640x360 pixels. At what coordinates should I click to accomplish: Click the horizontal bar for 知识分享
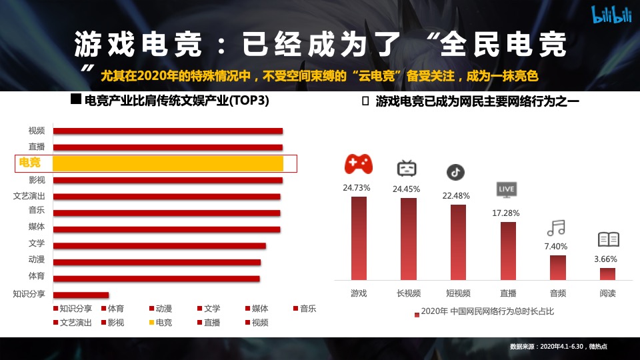click(81, 295)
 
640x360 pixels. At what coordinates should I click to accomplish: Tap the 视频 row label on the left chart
click(37, 131)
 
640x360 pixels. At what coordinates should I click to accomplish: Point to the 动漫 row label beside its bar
click(37, 259)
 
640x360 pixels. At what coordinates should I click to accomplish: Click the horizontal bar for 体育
click(157, 279)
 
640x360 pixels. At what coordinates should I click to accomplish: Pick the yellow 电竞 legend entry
click(159, 323)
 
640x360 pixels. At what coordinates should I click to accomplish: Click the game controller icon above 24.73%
click(359, 164)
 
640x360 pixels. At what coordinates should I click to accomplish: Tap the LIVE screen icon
click(507, 189)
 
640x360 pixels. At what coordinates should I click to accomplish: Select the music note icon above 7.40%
click(556, 228)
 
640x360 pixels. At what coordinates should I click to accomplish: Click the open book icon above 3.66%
click(608, 239)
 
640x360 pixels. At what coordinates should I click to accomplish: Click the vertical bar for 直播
click(508, 251)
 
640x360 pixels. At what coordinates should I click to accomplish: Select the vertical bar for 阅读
click(607, 274)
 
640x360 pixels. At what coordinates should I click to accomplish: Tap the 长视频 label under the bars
click(408, 293)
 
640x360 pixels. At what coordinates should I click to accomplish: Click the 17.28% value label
click(507, 213)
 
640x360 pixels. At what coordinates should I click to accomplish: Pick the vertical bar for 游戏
click(359, 238)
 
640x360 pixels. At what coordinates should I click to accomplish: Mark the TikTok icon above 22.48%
click(455, 172)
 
